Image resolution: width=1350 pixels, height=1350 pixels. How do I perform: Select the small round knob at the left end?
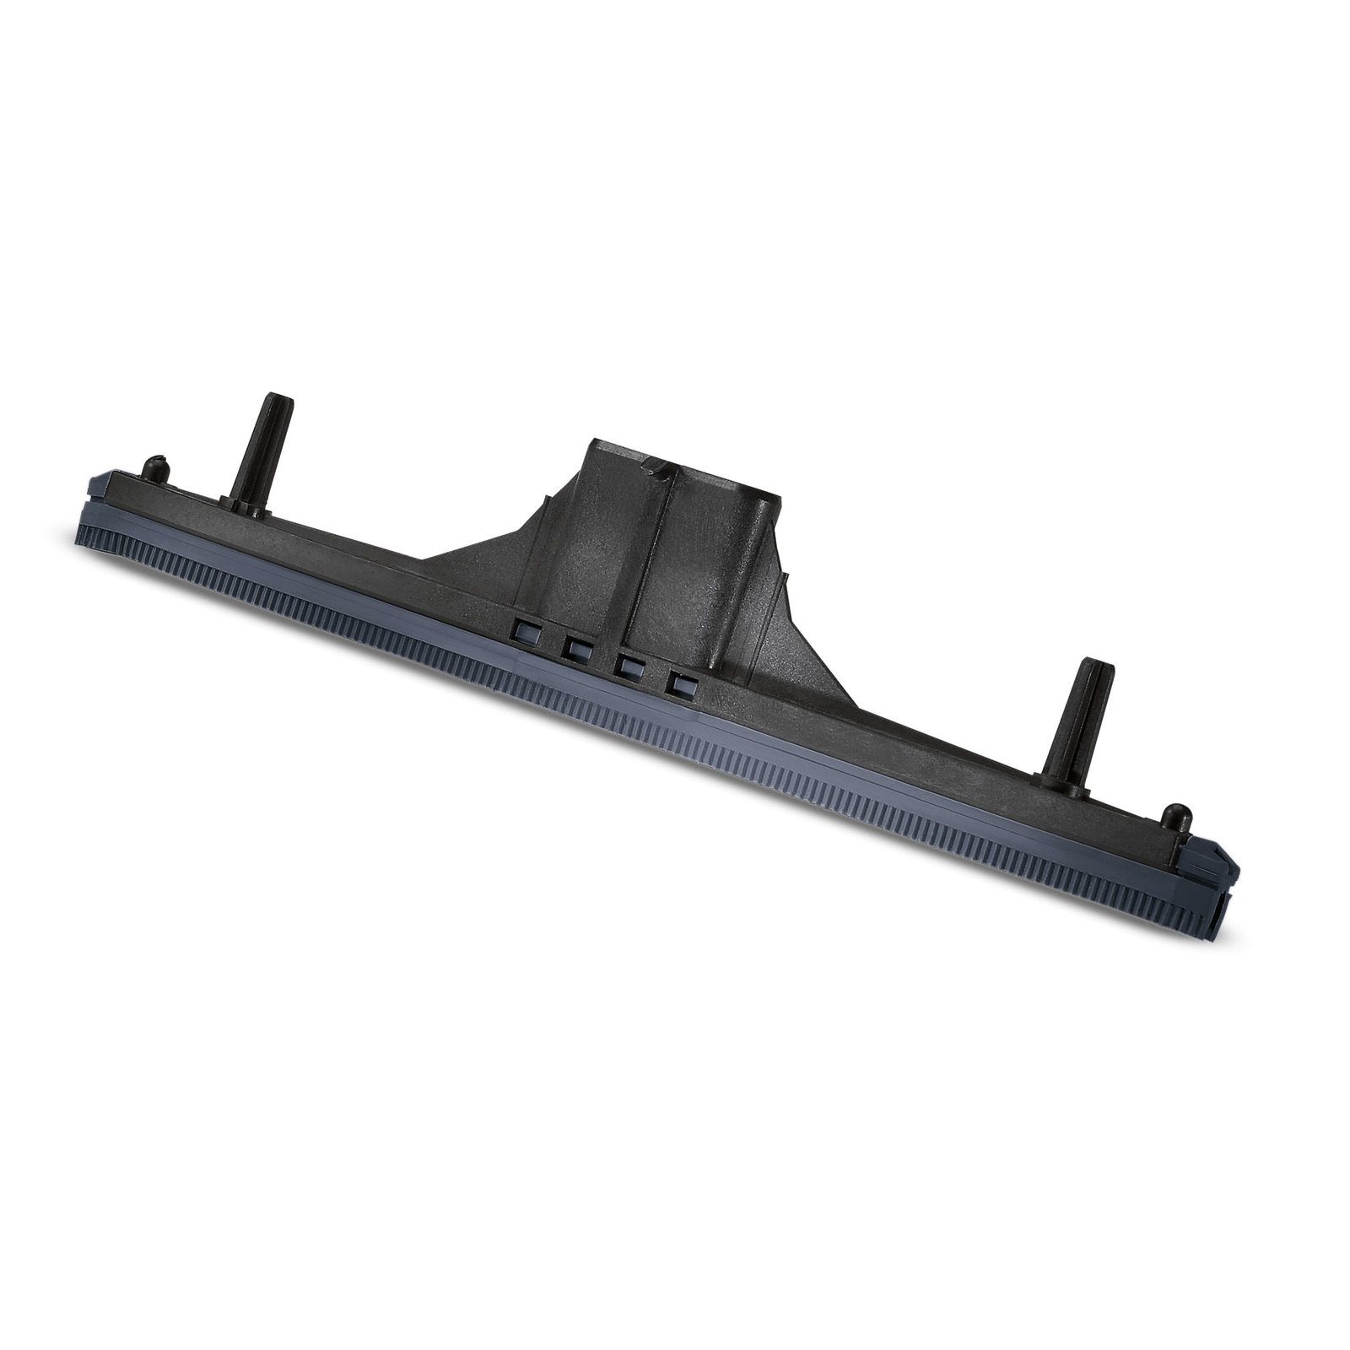[154, 466]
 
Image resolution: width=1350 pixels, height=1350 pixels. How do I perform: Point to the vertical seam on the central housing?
[645, 548]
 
